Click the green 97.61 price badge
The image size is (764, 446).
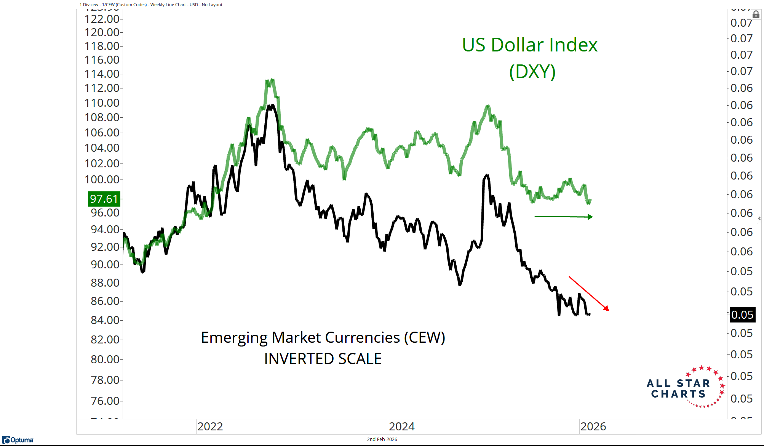(104, 199)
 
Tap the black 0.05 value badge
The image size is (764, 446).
(742, 315)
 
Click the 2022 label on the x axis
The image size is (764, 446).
(210, 427)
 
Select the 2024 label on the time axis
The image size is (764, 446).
(402, 427)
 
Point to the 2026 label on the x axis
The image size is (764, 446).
(593, 427)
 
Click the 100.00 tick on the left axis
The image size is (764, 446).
(102, 180)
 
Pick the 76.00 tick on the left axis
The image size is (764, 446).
(105, 401)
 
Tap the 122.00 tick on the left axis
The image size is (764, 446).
(102, 19)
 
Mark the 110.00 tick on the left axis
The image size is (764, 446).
(102, 103)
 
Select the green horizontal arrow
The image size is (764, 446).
(564, 217)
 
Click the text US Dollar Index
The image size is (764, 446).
(529, 45)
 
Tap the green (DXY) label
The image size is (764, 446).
(532, 72)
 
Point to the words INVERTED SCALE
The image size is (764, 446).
(323, 359)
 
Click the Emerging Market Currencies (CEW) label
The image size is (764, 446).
(323, 338)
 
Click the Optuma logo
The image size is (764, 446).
(18, 440)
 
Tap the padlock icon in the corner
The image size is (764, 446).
(756, 14)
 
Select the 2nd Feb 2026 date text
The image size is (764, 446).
(382, 440)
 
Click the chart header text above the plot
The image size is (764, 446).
(151, 5)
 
